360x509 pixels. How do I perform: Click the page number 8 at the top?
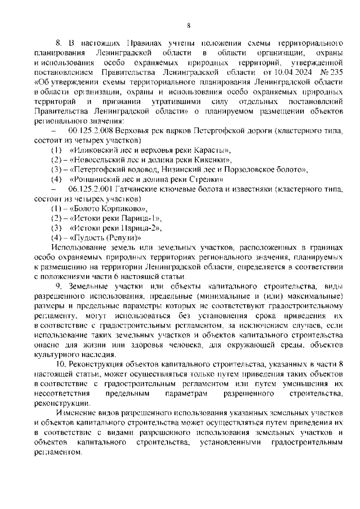click(188, 26)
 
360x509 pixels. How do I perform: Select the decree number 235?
click(336, 73)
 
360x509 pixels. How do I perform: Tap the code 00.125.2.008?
click(91, 131)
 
